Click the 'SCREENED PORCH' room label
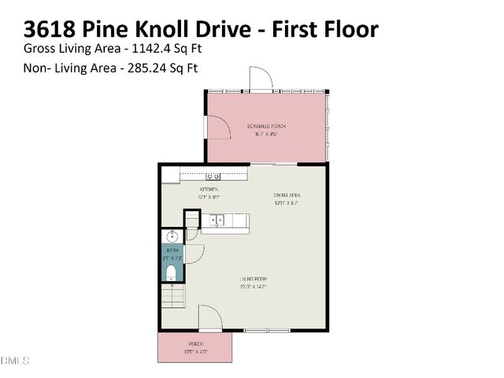[x=267, y=126]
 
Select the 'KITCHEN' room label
[x=208, y=190]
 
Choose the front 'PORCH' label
[x=196, y=344]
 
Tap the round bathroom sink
[x=171, y=235]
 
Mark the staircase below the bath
[x=172, y=297]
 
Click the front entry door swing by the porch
[x=209, y=319]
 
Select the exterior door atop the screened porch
[x=261, y=80]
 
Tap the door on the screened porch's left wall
[x=217, y=125]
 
